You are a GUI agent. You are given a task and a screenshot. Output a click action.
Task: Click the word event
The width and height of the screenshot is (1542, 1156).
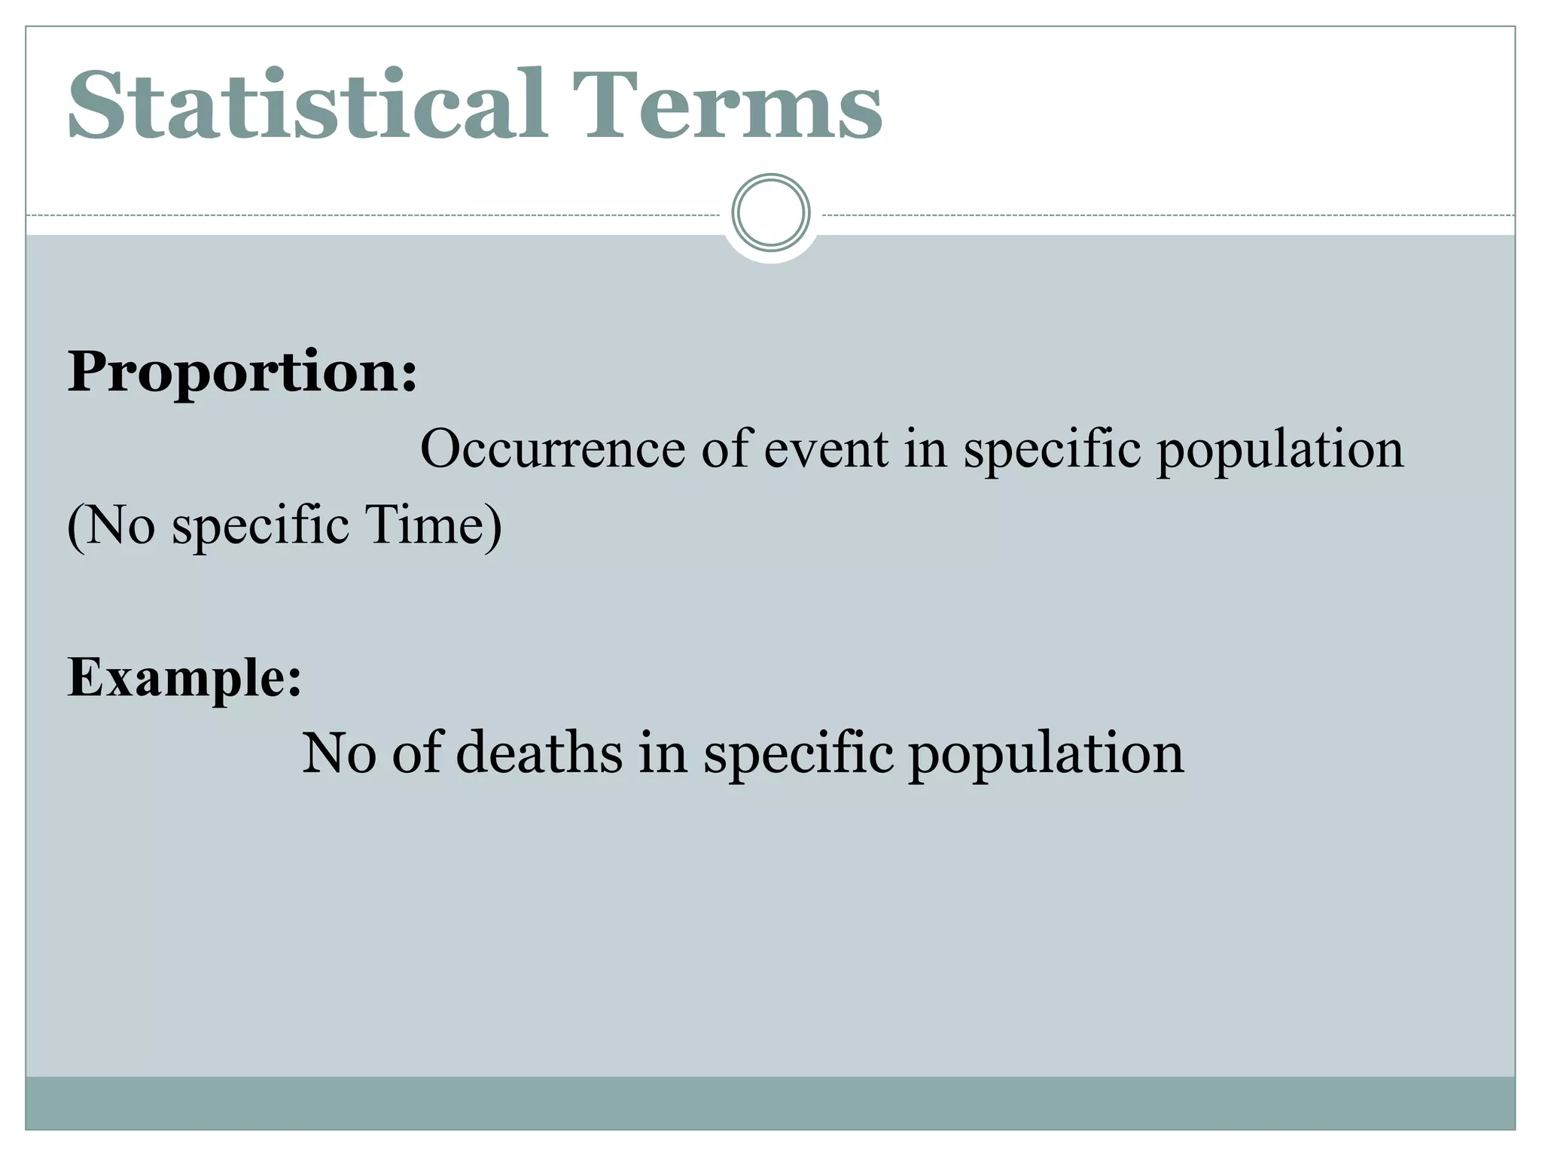(x=826, y=449)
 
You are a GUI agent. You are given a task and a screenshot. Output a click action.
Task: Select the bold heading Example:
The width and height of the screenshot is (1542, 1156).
(x=184, y=677)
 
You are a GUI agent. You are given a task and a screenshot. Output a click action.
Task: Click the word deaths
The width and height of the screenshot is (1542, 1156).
(x=539, y=753)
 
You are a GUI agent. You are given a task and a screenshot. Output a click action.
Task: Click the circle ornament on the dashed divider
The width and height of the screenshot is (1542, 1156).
(x=770, y=213)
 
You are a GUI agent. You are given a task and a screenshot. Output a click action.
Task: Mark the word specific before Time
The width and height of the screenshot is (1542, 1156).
(x=261, y=526)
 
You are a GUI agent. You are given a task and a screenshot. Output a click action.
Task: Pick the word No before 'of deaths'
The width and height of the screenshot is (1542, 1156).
(x=339, y=753)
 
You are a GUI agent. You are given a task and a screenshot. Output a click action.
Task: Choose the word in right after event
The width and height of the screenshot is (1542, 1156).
(x=925, y=449)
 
